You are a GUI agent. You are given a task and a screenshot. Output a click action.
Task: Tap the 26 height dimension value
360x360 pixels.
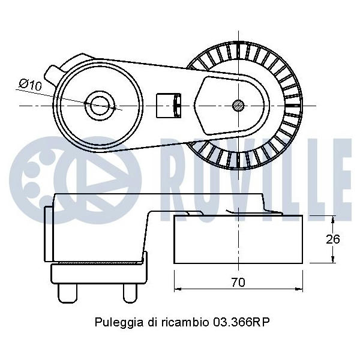point(332,239)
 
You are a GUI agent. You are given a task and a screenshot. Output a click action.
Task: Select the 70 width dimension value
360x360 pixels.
point(238,282)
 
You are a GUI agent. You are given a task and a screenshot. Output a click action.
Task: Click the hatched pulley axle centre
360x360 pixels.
point(238,106)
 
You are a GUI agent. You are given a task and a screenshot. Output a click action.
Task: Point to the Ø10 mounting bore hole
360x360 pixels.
point(100,106)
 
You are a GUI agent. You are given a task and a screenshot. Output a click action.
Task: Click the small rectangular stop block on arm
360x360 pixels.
point(169,106)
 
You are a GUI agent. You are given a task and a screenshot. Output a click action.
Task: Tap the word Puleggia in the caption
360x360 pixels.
point(118,323)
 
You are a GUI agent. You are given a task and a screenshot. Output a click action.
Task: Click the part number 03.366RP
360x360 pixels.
point(241,322)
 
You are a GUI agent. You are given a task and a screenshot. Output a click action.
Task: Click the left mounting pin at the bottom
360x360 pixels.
point(67,293)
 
